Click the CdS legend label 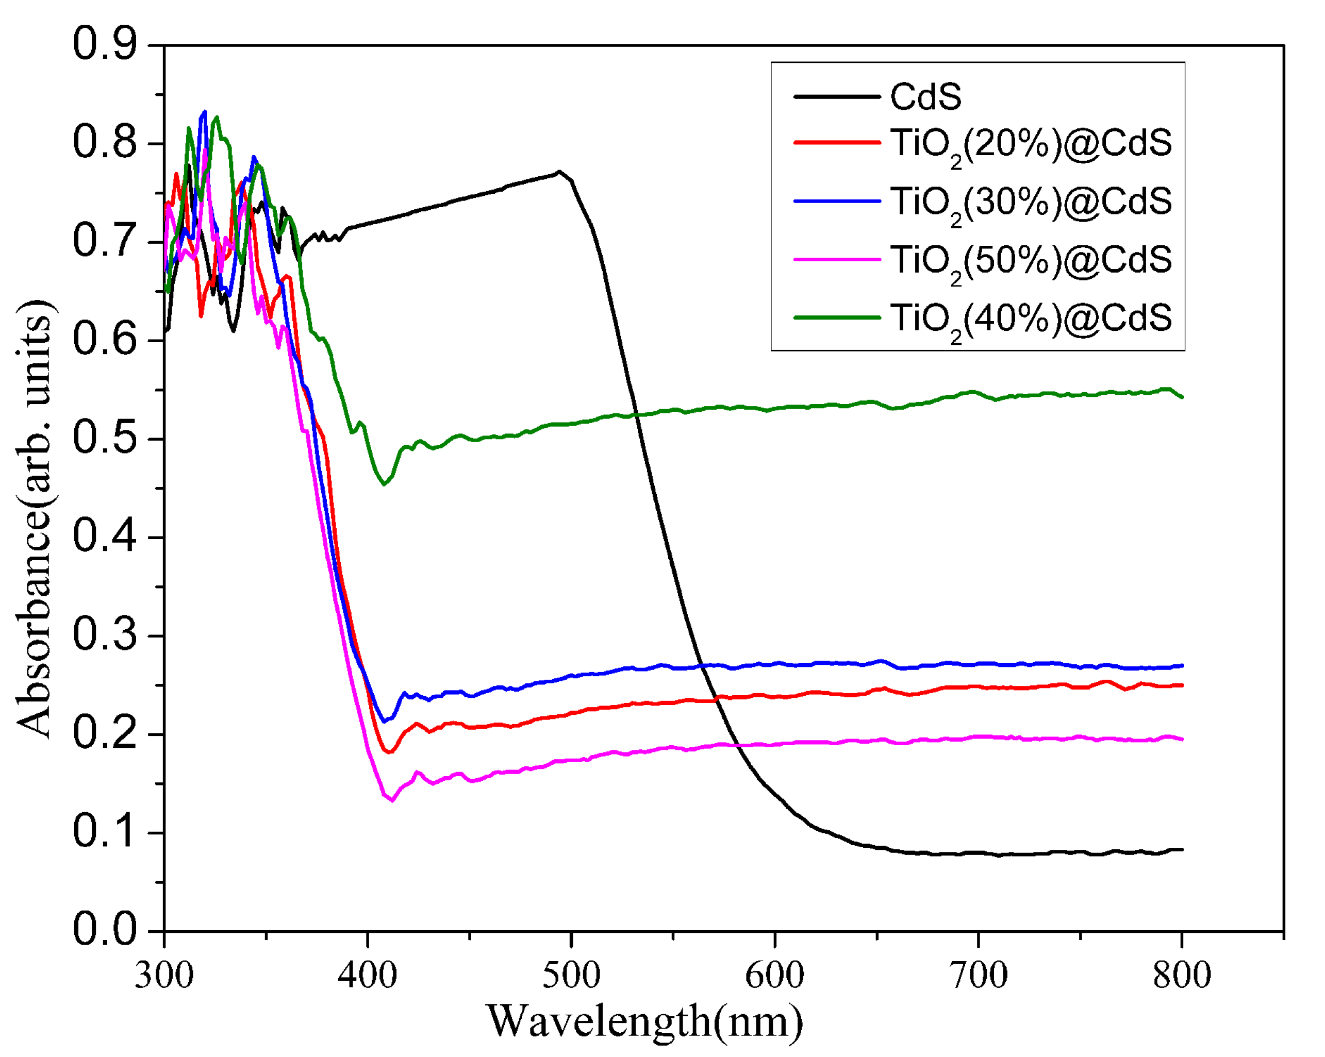click(925, 97)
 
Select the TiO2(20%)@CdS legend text click(1031, 145)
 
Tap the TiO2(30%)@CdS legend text click(1031, 203)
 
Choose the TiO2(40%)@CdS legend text click(1031, 320)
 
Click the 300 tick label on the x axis click(164, 975)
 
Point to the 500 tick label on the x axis click(572, 975)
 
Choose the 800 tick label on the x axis click(1181, 975)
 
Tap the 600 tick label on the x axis click(775, 975)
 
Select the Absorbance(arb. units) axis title click(36, 519)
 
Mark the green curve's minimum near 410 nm click(384, 484)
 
